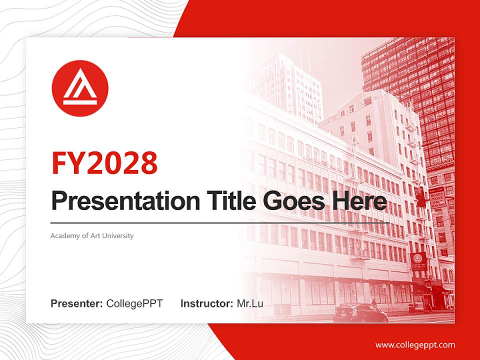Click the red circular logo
(80, 88)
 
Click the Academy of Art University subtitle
(92, 235)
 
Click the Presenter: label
(77, 303)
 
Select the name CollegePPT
(134, 303)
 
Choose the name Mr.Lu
(249, 303)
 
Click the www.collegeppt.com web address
(415, 345)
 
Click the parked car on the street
(360, 313)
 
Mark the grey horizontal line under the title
(220, 222)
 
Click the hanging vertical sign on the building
(437, 197)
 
